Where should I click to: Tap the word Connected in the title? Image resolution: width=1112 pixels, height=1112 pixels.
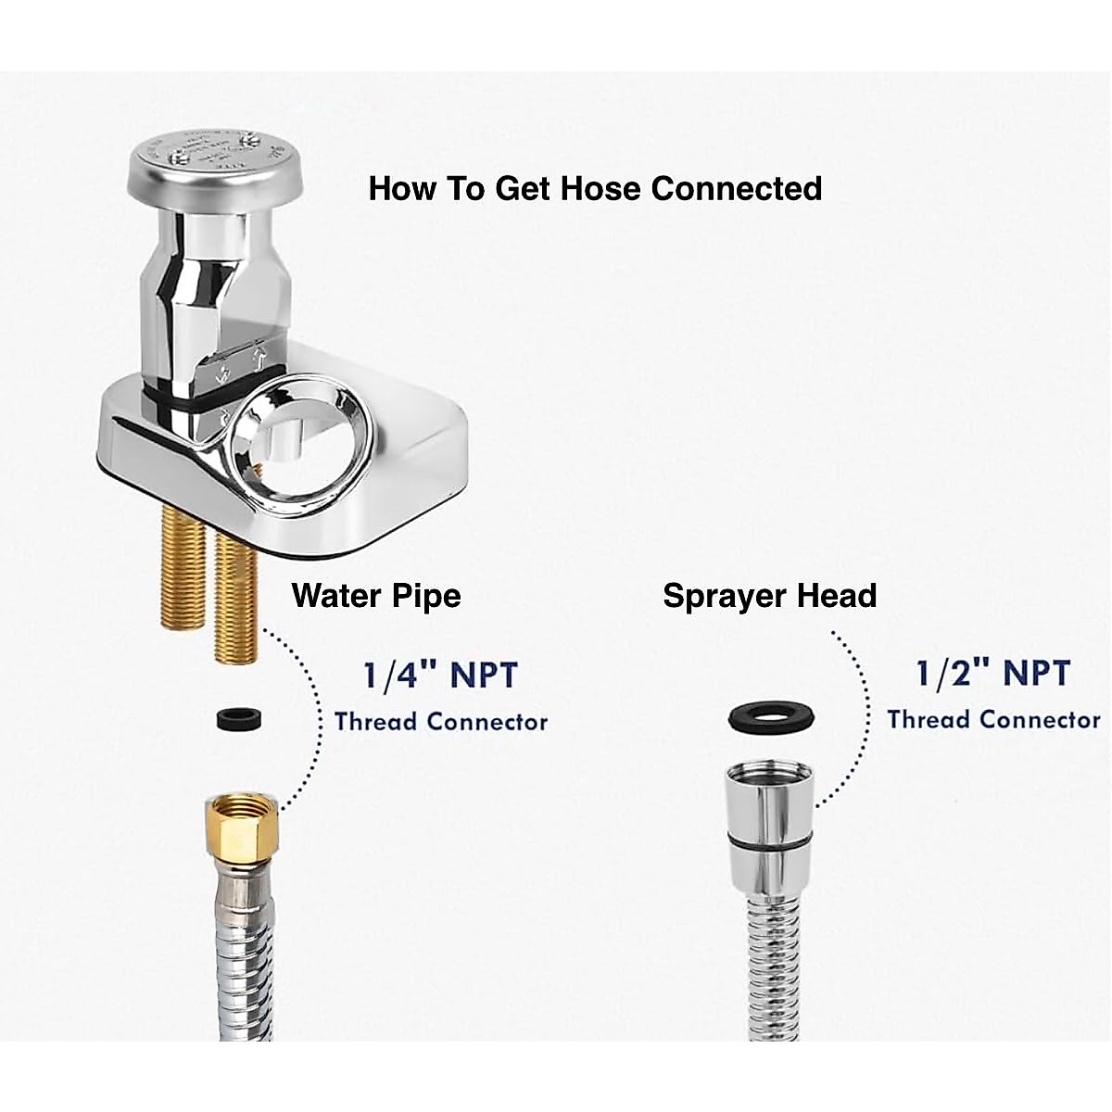[x=737, y=188]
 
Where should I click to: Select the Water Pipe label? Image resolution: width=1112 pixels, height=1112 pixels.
[x=376, y=595]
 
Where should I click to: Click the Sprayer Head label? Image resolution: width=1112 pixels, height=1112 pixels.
[x=769, y=595]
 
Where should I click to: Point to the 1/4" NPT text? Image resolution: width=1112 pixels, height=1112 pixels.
[x=439, y=676]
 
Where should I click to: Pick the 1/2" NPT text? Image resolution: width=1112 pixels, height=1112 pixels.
[x=992, y=674]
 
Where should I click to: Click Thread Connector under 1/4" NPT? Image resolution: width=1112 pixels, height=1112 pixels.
[x=441, y=721]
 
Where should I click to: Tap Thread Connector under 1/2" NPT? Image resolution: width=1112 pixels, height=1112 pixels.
[x=993, y=719]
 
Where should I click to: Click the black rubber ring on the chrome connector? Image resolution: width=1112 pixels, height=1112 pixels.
[x=769, y=841]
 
